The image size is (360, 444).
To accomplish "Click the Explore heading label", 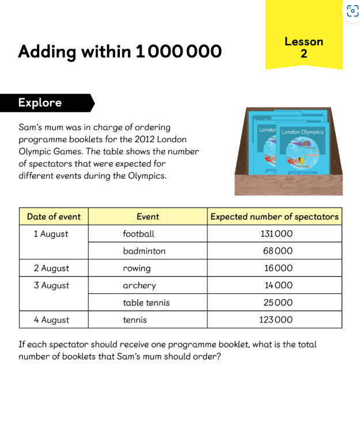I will [x=40, y=103].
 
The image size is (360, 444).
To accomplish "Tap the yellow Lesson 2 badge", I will [x=304, y=47].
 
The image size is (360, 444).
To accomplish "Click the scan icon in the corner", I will [x=353, y=11].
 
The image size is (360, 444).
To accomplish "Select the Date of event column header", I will [x=54, y=217].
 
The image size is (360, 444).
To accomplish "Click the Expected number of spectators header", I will [x=274, y=217].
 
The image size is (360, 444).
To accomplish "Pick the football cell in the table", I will [x=139, y=234].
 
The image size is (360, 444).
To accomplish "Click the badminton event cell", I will [x=144, y=251].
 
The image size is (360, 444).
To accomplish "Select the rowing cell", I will [x=137, y=269].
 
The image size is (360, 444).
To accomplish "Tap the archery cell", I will [x=139, y=286].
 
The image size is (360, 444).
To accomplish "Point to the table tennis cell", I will [x=146, y=303].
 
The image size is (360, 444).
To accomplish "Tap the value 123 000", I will [x=275, y=320].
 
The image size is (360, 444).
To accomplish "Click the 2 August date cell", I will [x=51, y=269].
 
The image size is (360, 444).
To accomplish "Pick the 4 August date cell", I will [x=51, y=320].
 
